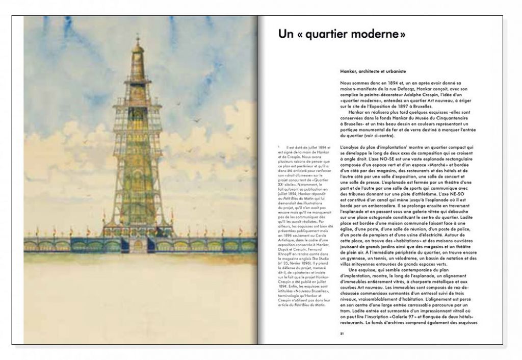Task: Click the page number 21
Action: click(343, 333)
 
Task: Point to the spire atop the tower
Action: click(137, 41)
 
